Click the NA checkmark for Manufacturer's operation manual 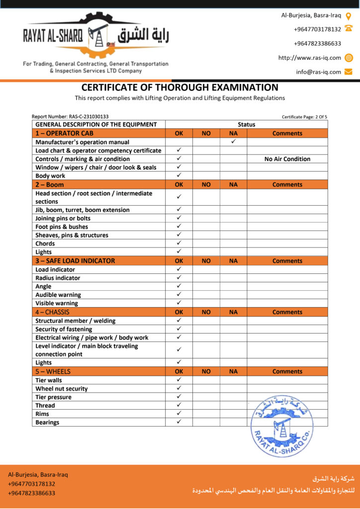(x=233, y=142)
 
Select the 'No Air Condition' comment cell (x=287, y=159)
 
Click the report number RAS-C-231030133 (x=70, y=117)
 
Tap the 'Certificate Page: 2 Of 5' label (x=304, y=117)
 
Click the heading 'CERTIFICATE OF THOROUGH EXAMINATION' (x=180, y=87)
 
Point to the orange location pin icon (x=349, y=15)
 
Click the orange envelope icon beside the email (x=349, y=72)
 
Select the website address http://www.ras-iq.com (x=309, y=58)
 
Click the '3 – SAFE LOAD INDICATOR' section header (x=75, y=260)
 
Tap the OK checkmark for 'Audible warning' (x=179, y=294)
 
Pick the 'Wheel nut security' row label (x=62, y=389)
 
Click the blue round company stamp (x=281, y=425)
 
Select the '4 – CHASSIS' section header (x=53, y=312)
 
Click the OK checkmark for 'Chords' (x=179, y=243)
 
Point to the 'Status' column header (x=246, y=125)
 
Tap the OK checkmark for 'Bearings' (x=179, y=422)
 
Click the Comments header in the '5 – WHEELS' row (x=287, y=371)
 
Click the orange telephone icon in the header (x=349, y=28)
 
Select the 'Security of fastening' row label (x=64, y=329)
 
